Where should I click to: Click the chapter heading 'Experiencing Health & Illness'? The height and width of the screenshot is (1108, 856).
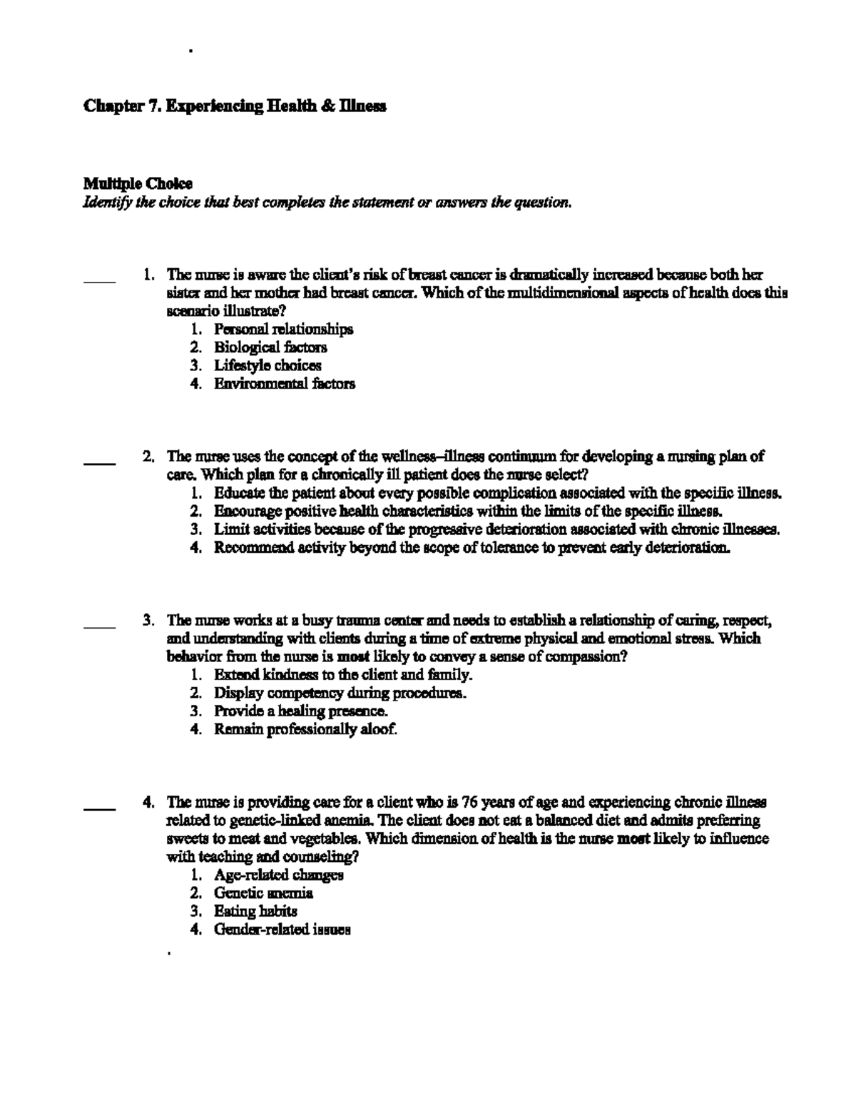(235, 107)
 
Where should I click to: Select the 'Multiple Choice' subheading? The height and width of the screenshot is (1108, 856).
(138, 184)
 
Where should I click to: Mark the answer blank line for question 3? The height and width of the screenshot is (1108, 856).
(99, 627)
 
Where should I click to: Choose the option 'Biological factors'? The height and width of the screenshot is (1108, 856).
(270, 347)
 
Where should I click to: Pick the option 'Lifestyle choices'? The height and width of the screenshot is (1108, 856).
(267, 365)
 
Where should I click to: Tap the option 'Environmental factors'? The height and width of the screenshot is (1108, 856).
(284, 384)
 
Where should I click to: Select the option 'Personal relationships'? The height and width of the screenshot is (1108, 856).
(283, 329)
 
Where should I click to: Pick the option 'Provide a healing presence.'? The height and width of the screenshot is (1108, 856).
(301, 711)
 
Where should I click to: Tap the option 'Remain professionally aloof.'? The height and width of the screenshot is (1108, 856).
(305, 729)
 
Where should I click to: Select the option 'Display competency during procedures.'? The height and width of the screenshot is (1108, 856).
(340, 693)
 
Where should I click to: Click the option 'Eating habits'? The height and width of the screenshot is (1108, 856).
(255, 911)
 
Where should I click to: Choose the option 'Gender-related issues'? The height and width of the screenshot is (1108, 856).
(282, 930)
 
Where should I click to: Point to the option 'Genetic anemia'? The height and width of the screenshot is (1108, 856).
(263, 893)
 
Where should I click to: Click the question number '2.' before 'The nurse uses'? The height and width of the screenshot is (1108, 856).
(148, 456)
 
